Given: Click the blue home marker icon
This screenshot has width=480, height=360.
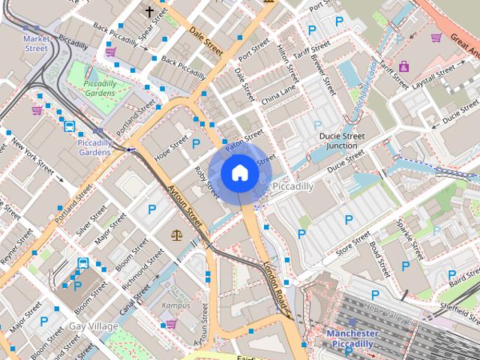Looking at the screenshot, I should (239, 173).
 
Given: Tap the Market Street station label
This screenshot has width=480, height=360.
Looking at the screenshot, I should (35, 43).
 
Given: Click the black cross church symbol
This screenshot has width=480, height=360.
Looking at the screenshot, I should (149, 11).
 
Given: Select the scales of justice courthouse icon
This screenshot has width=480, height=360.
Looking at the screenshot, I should (177, 235).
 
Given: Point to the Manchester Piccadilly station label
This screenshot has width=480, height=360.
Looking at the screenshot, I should (352, 338).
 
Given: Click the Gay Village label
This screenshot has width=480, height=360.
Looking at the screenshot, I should (93, 326).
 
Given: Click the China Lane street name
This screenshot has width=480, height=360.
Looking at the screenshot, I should (278, 94).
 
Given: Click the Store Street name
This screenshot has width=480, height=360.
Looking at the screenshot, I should (353, 244).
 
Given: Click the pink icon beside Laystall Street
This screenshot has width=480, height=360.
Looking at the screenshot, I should (404, 66).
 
